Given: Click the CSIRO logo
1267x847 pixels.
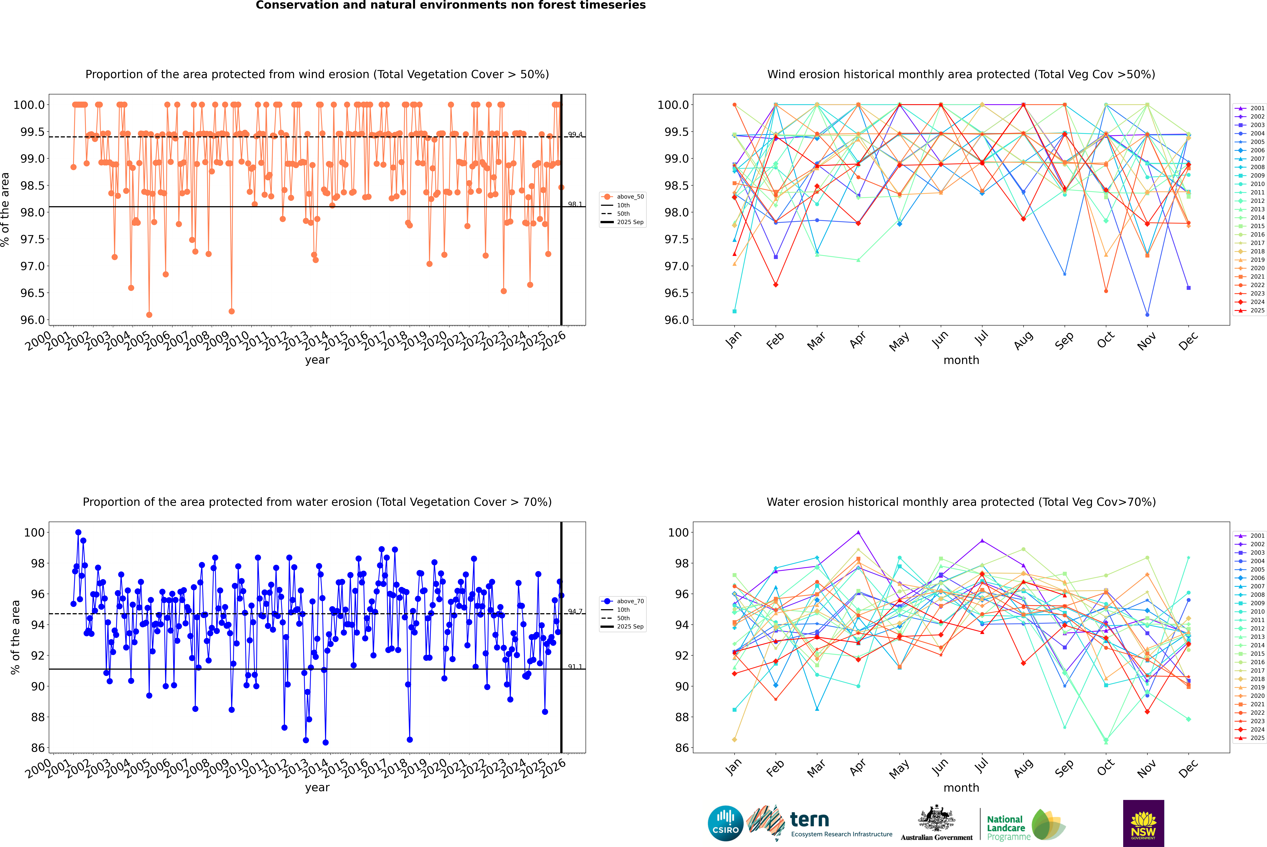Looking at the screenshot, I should [725, 823].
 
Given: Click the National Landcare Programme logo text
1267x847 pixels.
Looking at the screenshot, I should [1006, 828].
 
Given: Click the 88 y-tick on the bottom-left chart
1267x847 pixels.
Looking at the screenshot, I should [38, 717].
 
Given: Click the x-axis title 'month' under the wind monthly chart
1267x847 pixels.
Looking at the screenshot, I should [961, 360].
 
